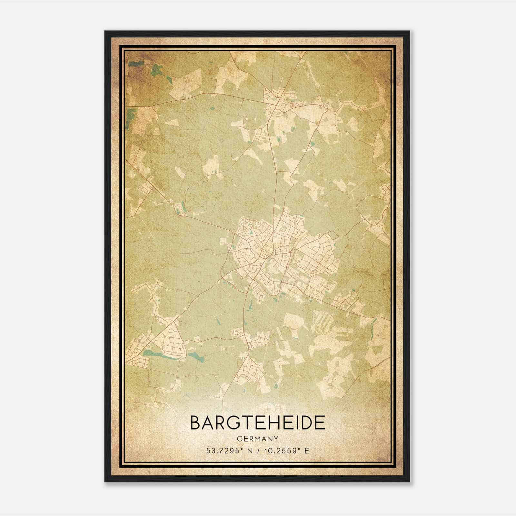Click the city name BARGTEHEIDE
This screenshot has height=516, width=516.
click(258, 422)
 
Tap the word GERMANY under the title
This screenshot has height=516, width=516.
click(258, 439)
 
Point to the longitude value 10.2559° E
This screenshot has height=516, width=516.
click(286, 451)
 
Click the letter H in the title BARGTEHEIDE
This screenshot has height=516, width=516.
click(276, 422)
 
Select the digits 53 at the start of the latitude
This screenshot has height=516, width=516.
click(210, 451)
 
